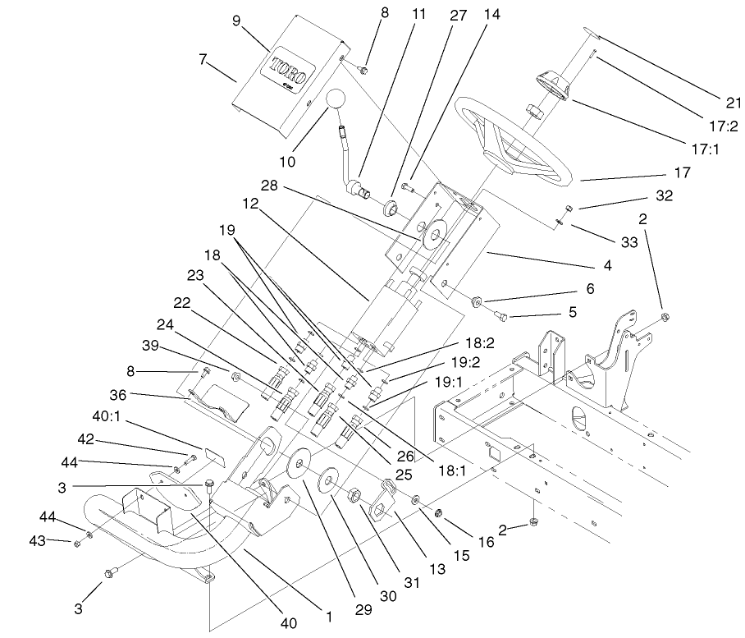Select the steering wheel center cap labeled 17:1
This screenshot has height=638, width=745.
[x=552, y=85]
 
